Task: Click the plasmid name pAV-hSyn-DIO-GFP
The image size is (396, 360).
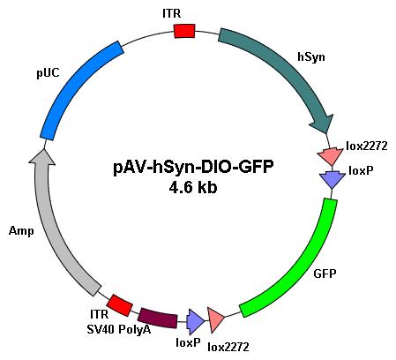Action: (193, 168)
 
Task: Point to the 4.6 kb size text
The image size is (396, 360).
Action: (193, 187)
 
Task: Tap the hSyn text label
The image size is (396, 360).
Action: (311, 56)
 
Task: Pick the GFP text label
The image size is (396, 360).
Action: (325, 274)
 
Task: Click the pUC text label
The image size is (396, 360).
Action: (48, 73)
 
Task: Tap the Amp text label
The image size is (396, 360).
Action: (21, 230)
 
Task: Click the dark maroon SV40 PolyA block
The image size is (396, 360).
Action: (158, 318)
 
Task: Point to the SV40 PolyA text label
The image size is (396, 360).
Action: (119, 329)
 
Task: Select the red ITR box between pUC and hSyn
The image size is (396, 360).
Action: (184, 31)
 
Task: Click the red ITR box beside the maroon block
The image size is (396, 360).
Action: (119, 305)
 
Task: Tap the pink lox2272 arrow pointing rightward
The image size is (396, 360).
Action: (216, 320)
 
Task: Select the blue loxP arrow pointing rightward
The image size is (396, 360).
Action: (195, 322)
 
